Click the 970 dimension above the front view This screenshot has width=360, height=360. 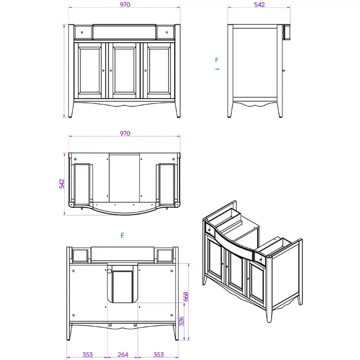[125, 5]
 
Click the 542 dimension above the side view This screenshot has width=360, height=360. [259, 5]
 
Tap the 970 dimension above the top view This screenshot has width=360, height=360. [125, 133]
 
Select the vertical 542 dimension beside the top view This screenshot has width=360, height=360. [62, 184]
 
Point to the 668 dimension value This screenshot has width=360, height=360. [186, 296]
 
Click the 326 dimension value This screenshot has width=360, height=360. [182, 321]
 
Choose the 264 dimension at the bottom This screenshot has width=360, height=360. [123, 355]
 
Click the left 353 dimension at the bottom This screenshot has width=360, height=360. [87, 355]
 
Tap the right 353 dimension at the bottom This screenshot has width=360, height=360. [158, 355]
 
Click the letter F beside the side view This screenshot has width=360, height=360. [217, 60]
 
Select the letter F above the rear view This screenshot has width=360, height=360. [122, 236]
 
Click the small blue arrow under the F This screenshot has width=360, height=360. [217, 69]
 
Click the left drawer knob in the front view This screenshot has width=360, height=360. [82, 32]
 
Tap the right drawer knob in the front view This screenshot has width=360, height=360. [167, 32]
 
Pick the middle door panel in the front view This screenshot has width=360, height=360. [124, 70]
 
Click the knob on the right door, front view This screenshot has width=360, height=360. [146, 70]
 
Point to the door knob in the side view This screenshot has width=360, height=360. [284, 70]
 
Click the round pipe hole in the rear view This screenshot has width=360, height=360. [109, 272]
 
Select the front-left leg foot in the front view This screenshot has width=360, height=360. [70, 116]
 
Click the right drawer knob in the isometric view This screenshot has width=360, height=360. [261, 260]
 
